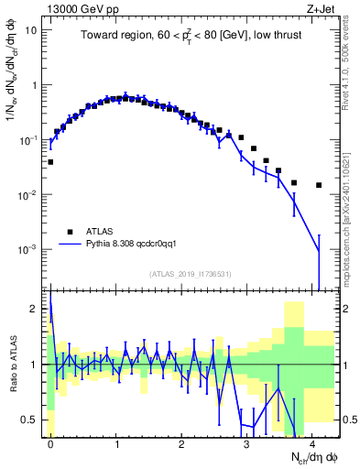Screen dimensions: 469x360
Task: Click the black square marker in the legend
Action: (x=71, y=232)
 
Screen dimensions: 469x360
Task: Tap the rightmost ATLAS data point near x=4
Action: (x=319, y=185)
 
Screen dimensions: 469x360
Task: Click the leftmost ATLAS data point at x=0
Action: (x=50, y=162)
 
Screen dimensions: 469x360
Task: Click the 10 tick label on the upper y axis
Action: (x=31, y=30)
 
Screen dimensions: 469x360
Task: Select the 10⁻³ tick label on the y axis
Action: (x=29, y=249)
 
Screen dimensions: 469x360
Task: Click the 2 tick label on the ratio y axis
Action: (x=36, y=309)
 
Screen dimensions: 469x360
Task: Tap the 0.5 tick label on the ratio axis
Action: (x=32, y=420)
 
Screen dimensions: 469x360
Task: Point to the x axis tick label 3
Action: (x=246, y=442)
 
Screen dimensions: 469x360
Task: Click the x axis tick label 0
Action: (x=50, y=442)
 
